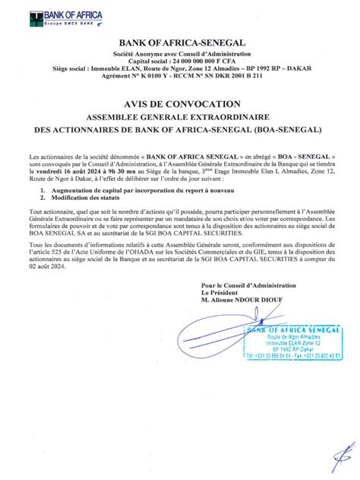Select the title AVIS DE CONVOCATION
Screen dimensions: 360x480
(180, 103)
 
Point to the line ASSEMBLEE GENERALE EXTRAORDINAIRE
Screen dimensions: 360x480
(180, 118)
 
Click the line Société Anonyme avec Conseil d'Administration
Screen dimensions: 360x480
(180, 56)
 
